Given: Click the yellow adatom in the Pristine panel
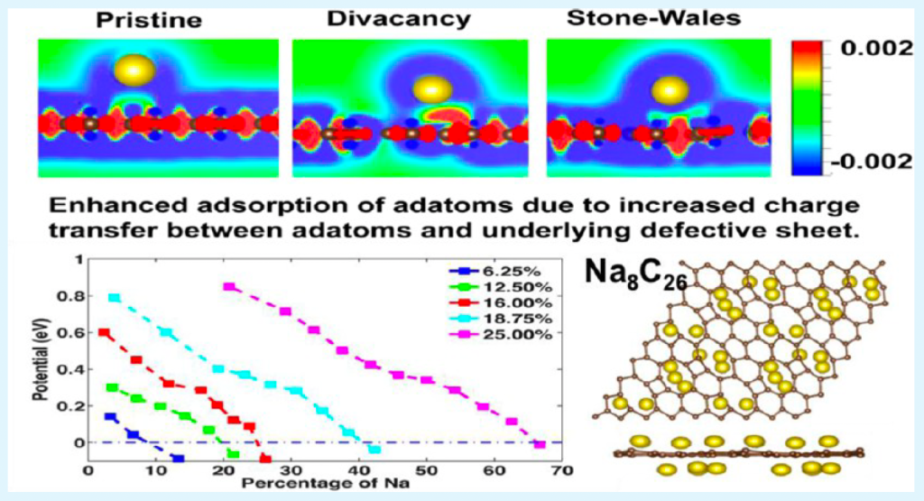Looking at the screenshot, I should click(x=136, y=70).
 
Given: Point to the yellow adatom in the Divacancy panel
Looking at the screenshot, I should click(x=431, y=88).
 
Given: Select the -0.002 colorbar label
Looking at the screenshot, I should click(x=869, y=162).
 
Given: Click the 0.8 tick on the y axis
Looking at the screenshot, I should click(x=71, y=296).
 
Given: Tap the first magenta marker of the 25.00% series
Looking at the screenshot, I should click(x=229, y=287).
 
